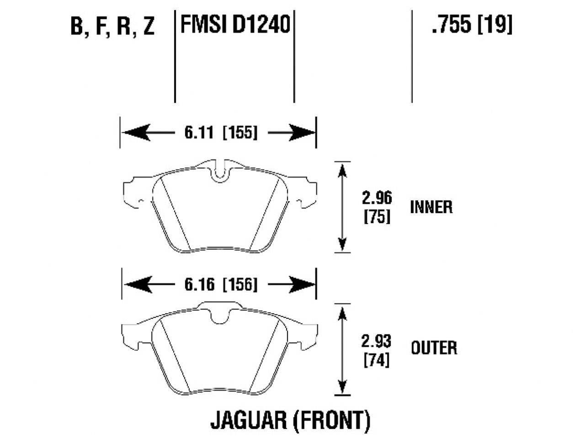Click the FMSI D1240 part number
pos(235,24)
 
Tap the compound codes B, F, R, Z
pos(113,27)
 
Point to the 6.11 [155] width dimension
pos(221,133)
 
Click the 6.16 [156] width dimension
pos(221,284)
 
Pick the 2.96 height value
pos(377,198)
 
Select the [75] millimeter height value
pos(377,216)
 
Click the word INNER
pos(431,207)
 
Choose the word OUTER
pos(433,348)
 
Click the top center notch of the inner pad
pos(220,173)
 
